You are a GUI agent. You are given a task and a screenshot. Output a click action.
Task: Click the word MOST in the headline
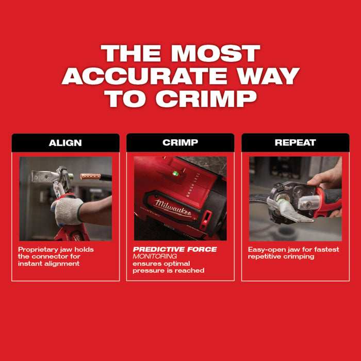[x=217, y=54]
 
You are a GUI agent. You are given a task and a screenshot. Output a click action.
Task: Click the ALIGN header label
[x=65, y=143]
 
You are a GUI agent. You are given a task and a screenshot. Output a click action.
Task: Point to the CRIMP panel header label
[x=180, y=143]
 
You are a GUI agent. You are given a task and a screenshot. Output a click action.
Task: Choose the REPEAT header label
[x=295, y=143]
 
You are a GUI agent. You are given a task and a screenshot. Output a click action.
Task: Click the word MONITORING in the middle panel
[x=155, y=256]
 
